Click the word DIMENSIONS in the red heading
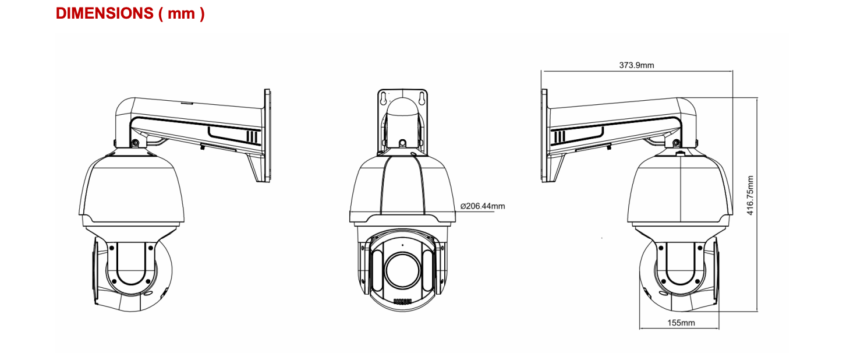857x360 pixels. click(104, 13)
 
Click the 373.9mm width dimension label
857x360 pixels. click(636, 65)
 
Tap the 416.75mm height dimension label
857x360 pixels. click(750, 195)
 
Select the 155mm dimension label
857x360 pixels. click(681, 322)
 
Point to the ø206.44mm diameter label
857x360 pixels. click(483, 206)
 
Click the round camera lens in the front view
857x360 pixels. click(402, 269)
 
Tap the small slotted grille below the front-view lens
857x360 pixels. click(402, 302)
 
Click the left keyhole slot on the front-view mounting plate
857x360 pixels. click(384, 99)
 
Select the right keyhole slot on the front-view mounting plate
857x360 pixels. click(421, 99)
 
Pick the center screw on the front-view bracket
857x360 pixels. click(402, 143)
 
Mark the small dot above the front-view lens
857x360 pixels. click(402, 245)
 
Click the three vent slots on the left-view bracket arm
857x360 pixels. click(252, 137)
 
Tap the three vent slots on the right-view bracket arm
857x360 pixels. click(558, 137)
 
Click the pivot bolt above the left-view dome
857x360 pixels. click(135, 143)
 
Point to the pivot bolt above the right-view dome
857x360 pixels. click(675, 143)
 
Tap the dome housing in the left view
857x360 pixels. click(131, 189)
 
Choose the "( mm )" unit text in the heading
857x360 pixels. click(181, 13)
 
